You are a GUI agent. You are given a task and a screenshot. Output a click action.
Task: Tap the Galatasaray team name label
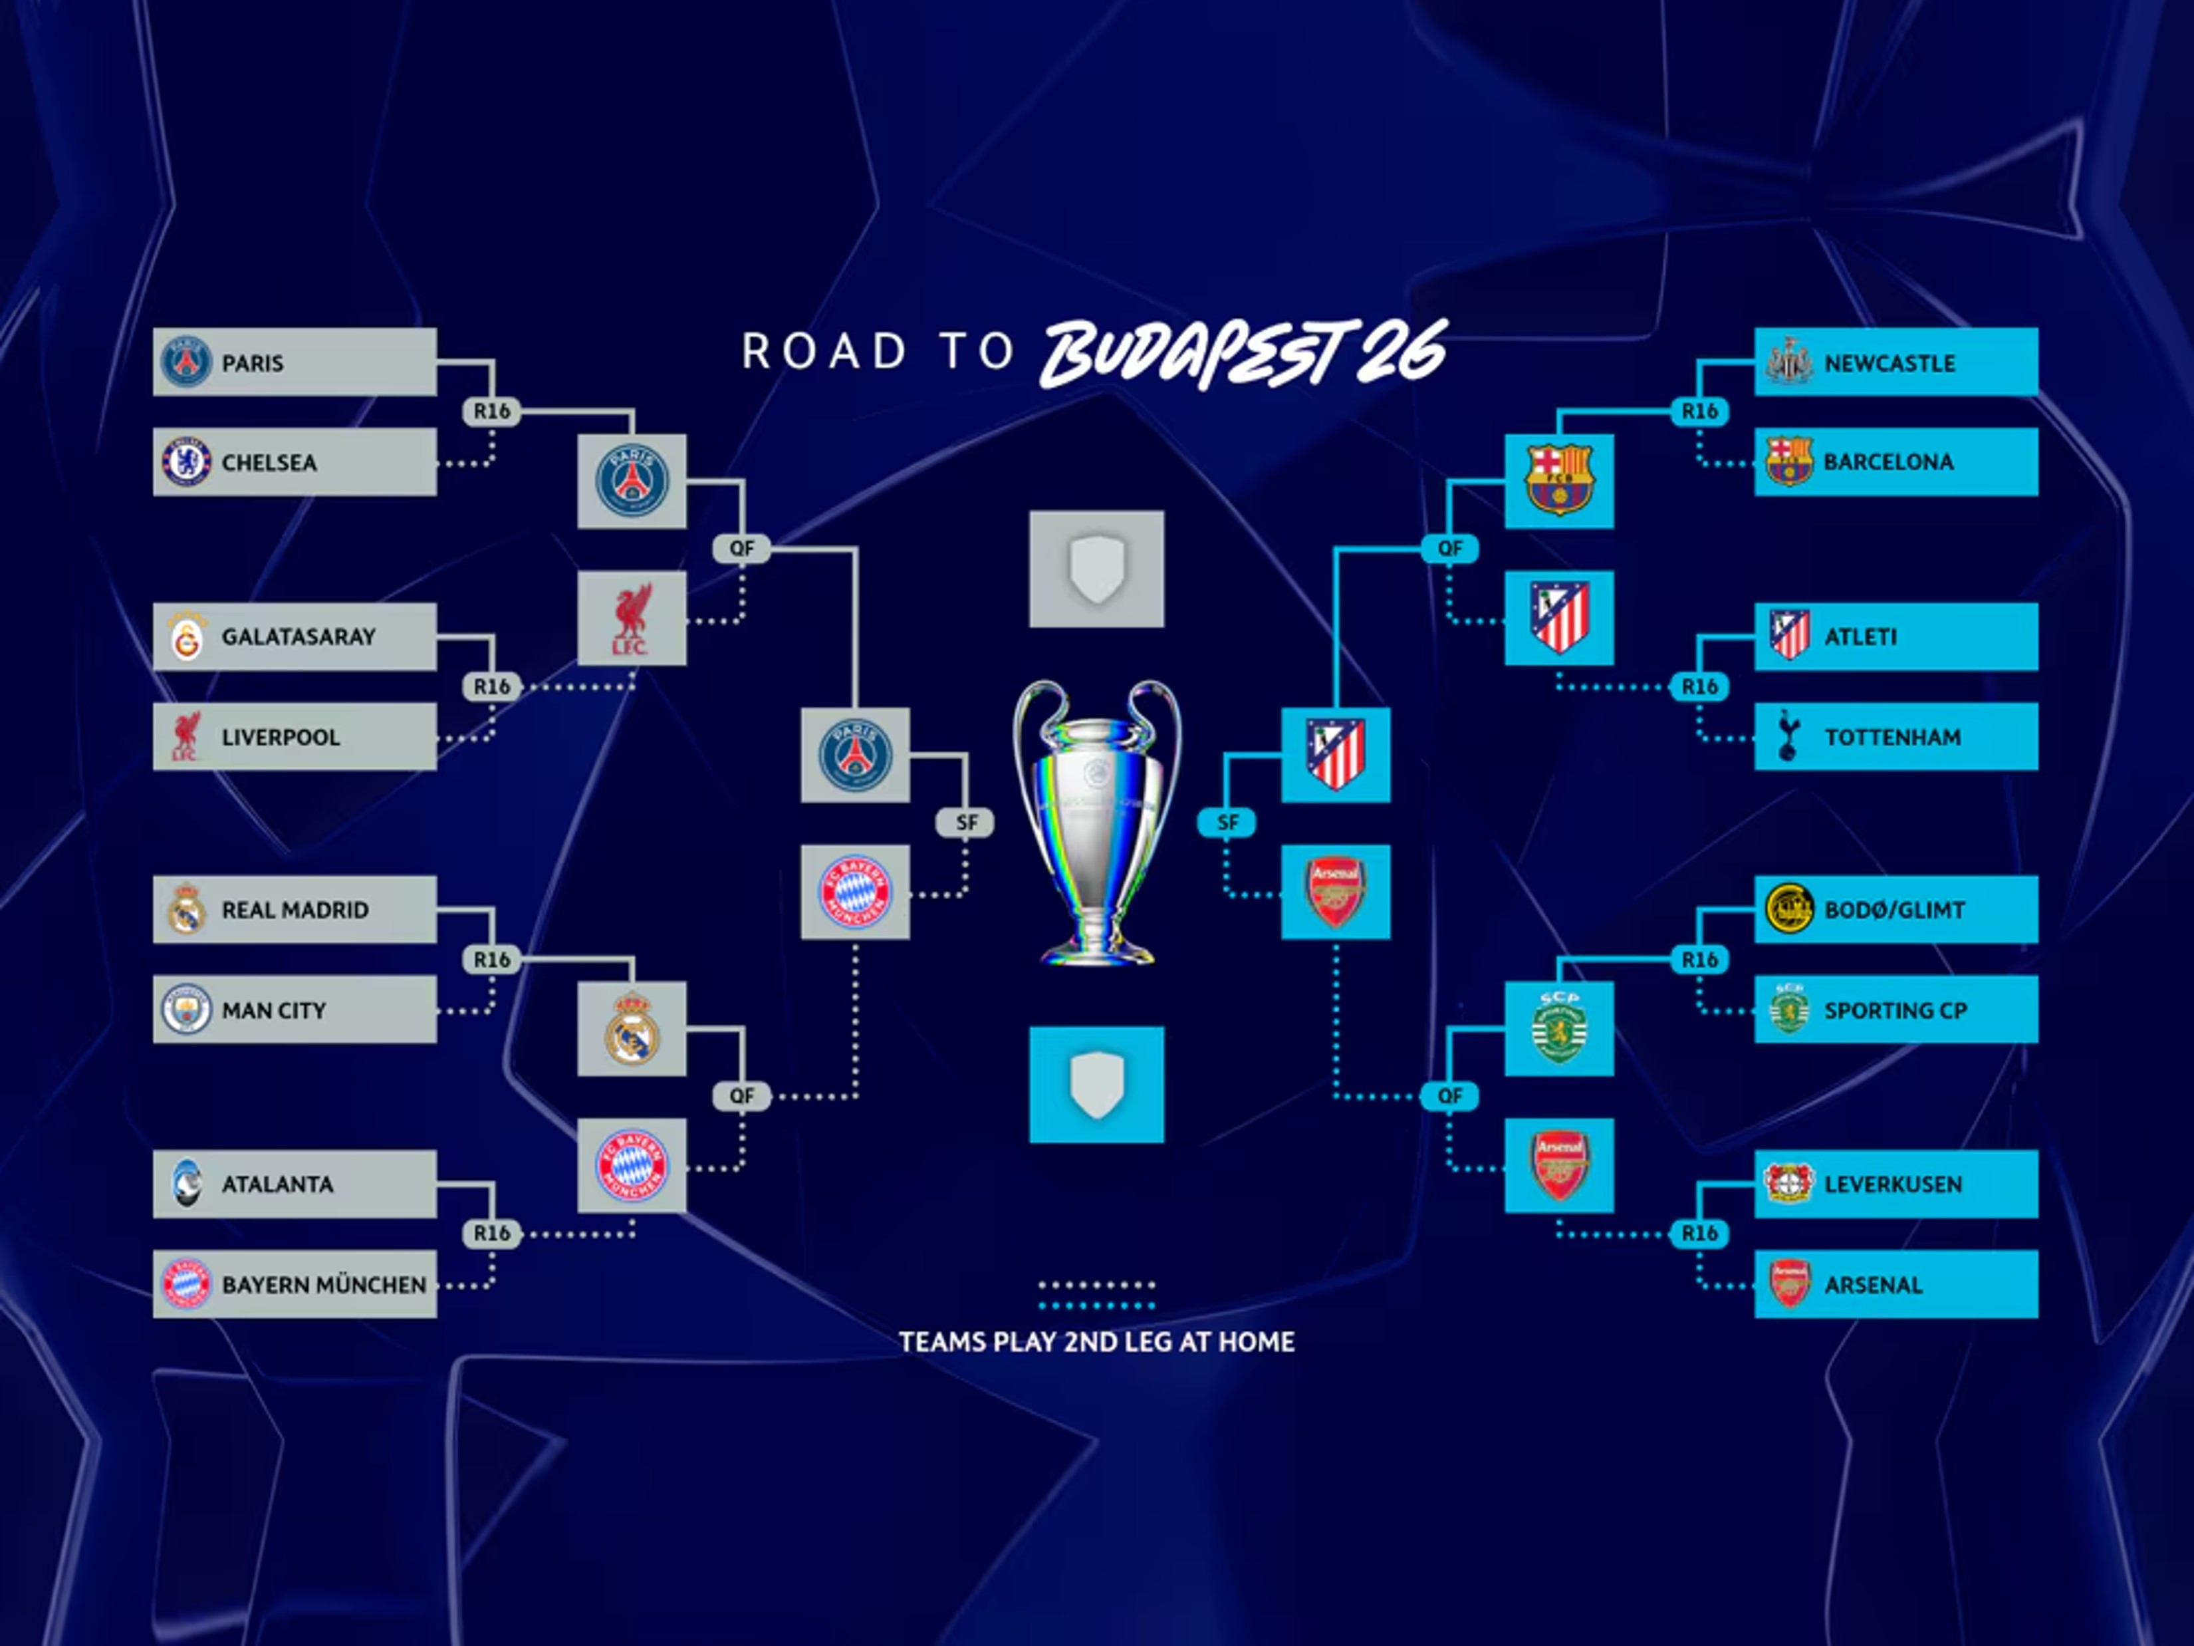click(x=298, y=637)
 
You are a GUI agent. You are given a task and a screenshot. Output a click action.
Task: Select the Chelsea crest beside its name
click(x=185, y=462)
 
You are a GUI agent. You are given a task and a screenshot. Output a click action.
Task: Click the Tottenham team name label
click(x=1892, y=737)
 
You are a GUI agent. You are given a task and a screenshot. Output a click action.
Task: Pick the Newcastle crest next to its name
click(x=1788, y=362)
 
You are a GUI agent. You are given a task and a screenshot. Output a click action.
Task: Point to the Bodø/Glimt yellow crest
click(x=1788, y=909)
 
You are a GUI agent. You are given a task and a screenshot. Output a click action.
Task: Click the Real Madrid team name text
click(x=295, y=910)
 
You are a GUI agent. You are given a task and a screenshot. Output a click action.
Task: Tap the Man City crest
click(x=185, y=1010)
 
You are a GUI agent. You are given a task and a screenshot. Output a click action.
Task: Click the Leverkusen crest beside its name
click(x=1788, y=1184)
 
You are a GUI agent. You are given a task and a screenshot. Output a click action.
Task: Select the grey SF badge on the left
click(x=966, y=823)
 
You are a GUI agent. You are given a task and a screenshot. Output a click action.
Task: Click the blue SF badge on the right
click(x=1227, y=823)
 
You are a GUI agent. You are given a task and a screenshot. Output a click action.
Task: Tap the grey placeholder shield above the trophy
click(x=1096, y=569)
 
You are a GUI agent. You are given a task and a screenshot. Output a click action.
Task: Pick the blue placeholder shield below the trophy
click(x=1096, y=1085)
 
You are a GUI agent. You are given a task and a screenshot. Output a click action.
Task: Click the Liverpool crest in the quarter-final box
click(x=632, y=618)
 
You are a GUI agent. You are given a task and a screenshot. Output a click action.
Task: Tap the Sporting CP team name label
click(x=1894, y=1010)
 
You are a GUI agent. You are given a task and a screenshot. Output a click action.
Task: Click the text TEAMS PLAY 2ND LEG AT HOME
click(x=1096, y=1342)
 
